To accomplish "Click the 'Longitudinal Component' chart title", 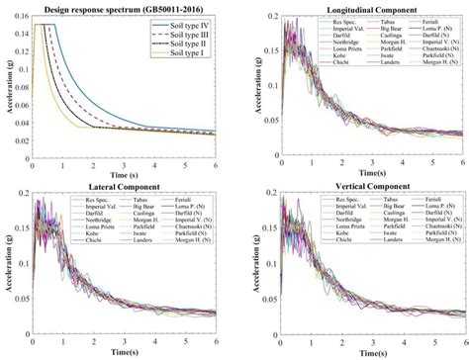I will (x=361, y=7).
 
